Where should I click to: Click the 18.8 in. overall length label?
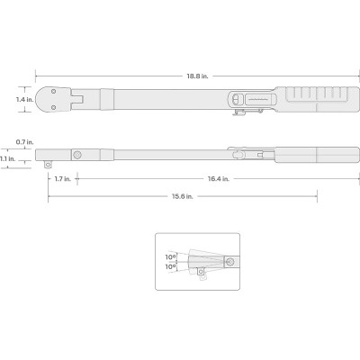197,76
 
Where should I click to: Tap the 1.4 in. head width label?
24,100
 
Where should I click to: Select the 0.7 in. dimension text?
24,142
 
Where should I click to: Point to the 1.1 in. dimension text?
7,159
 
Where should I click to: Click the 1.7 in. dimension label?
63,179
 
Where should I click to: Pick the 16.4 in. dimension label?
219,179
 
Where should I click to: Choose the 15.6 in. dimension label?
183,196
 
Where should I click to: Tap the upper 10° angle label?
170,257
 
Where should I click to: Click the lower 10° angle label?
170,266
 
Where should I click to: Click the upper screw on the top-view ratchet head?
53,91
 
